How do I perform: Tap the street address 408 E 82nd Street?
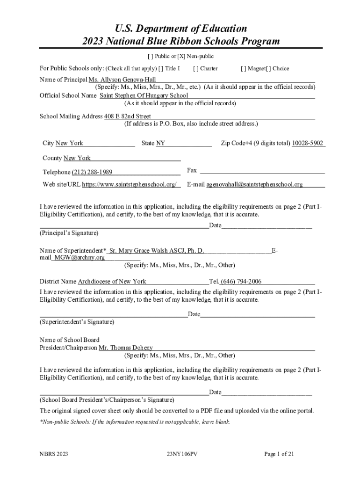(128, 116)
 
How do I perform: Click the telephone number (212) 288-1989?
(92, 172)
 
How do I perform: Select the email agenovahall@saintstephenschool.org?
(255, 184)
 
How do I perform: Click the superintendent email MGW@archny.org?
(79, 257)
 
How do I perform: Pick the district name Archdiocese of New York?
(112, 281)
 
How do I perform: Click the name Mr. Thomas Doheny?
(126, 348)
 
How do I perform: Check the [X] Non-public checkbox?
(180, 57)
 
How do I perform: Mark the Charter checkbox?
(195, 68)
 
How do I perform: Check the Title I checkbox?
(161, 68)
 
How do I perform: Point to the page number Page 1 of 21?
(279, 454)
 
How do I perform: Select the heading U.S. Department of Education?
(180, 29)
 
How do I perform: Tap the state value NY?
(160, 143)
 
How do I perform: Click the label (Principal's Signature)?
(69, 232)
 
